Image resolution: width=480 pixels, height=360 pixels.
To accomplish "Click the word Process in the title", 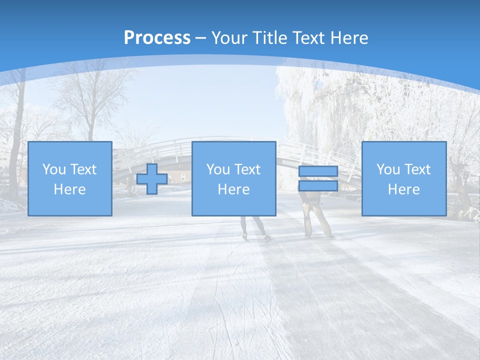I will pos(157,38).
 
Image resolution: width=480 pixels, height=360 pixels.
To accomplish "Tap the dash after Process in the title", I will pos(201,38).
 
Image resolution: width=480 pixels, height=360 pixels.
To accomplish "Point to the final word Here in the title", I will pos(348,38).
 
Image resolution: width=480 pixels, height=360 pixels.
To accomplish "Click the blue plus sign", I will pos(152,179).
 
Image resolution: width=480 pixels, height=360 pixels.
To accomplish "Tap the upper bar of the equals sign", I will pos(318,171).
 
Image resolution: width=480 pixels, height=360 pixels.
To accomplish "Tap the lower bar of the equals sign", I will pos(318,186).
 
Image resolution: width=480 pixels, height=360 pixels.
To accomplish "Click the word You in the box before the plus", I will pos(53,169).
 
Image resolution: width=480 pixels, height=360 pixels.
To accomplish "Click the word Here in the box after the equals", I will pos(404,189).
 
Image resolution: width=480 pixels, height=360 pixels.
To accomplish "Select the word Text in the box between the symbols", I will pos(247,169).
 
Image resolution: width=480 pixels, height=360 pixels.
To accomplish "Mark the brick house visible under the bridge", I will pos(177,175).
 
